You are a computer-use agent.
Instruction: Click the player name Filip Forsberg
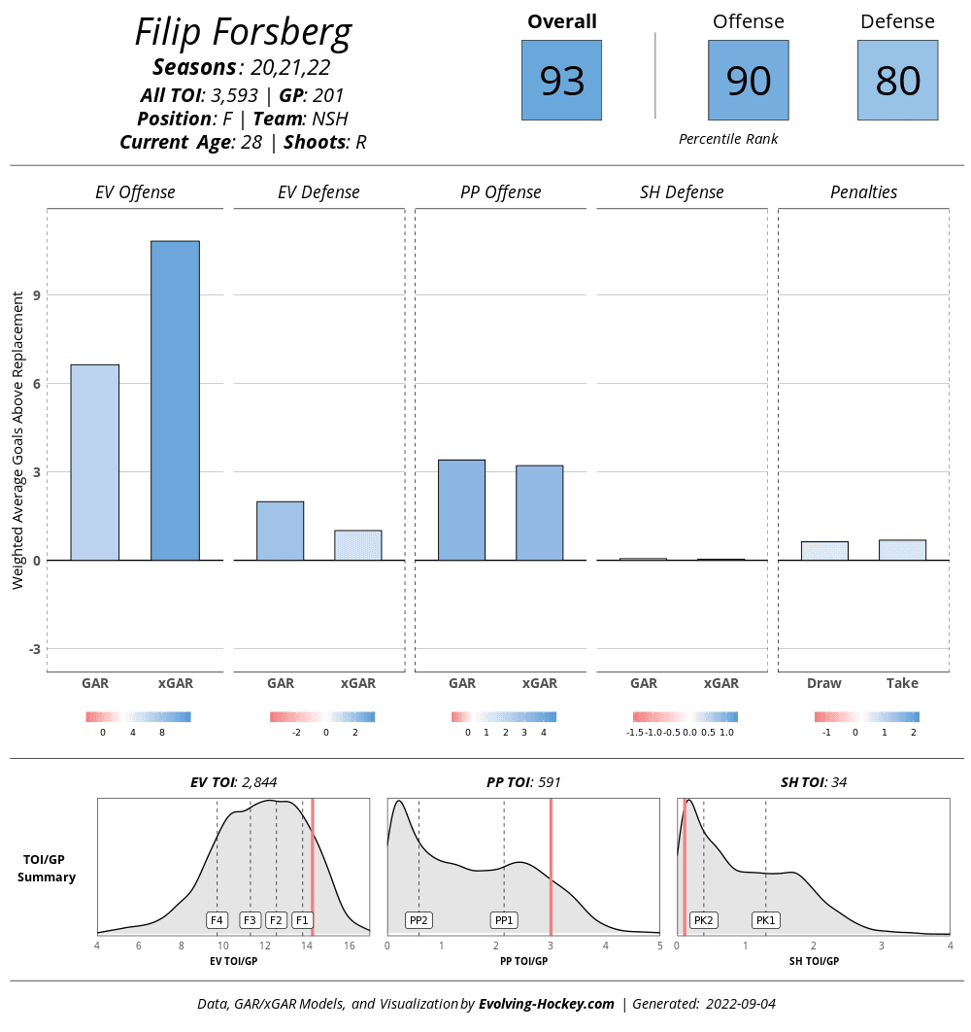pyautogui.click(x=243, y=33)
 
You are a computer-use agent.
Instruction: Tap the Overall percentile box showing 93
pyautogui.click(x=561, y=80)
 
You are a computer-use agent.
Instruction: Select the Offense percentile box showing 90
pyautogui.click(x=748, y=80)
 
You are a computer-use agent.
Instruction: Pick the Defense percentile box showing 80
pyautogui.click(x=897, y=80)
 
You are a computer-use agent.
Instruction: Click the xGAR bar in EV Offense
pyautogui.click(x=175, y=400)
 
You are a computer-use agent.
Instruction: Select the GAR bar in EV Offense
pyautogui.click(x=95, y=463)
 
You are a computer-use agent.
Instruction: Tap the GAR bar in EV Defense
pyautogui.click(x=280, y=531)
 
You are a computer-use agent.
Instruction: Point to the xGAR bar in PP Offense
pyautogui.click(x=539, y=513)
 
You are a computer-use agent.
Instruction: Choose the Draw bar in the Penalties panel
pyautogui.click(x=824, y=551)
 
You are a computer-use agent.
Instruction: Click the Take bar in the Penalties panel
pyautogui.click(x=902, y=550)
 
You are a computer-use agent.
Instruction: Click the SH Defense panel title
pyautogui.click(x=682, y=192)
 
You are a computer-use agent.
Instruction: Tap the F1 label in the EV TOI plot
pyautogui.click(x=302, y=919)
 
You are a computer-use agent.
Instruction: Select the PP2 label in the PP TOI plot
pyautogui.click(x=419, y=919)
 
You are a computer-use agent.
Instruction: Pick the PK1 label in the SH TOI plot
pyautogui.click(x=766, y=919)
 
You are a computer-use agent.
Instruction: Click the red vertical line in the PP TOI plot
pyautogui.click(x=551, y=865)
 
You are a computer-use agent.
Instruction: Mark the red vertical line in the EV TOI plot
pyautogui.click(x=313, y=865)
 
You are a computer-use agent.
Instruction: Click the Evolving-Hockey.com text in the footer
pyautogui.click(x=547, y=1004)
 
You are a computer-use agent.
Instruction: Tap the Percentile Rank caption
pyautogui.click(x=728, y=139)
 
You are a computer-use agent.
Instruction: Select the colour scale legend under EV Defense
pyautogui.click(x=322, y=717)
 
